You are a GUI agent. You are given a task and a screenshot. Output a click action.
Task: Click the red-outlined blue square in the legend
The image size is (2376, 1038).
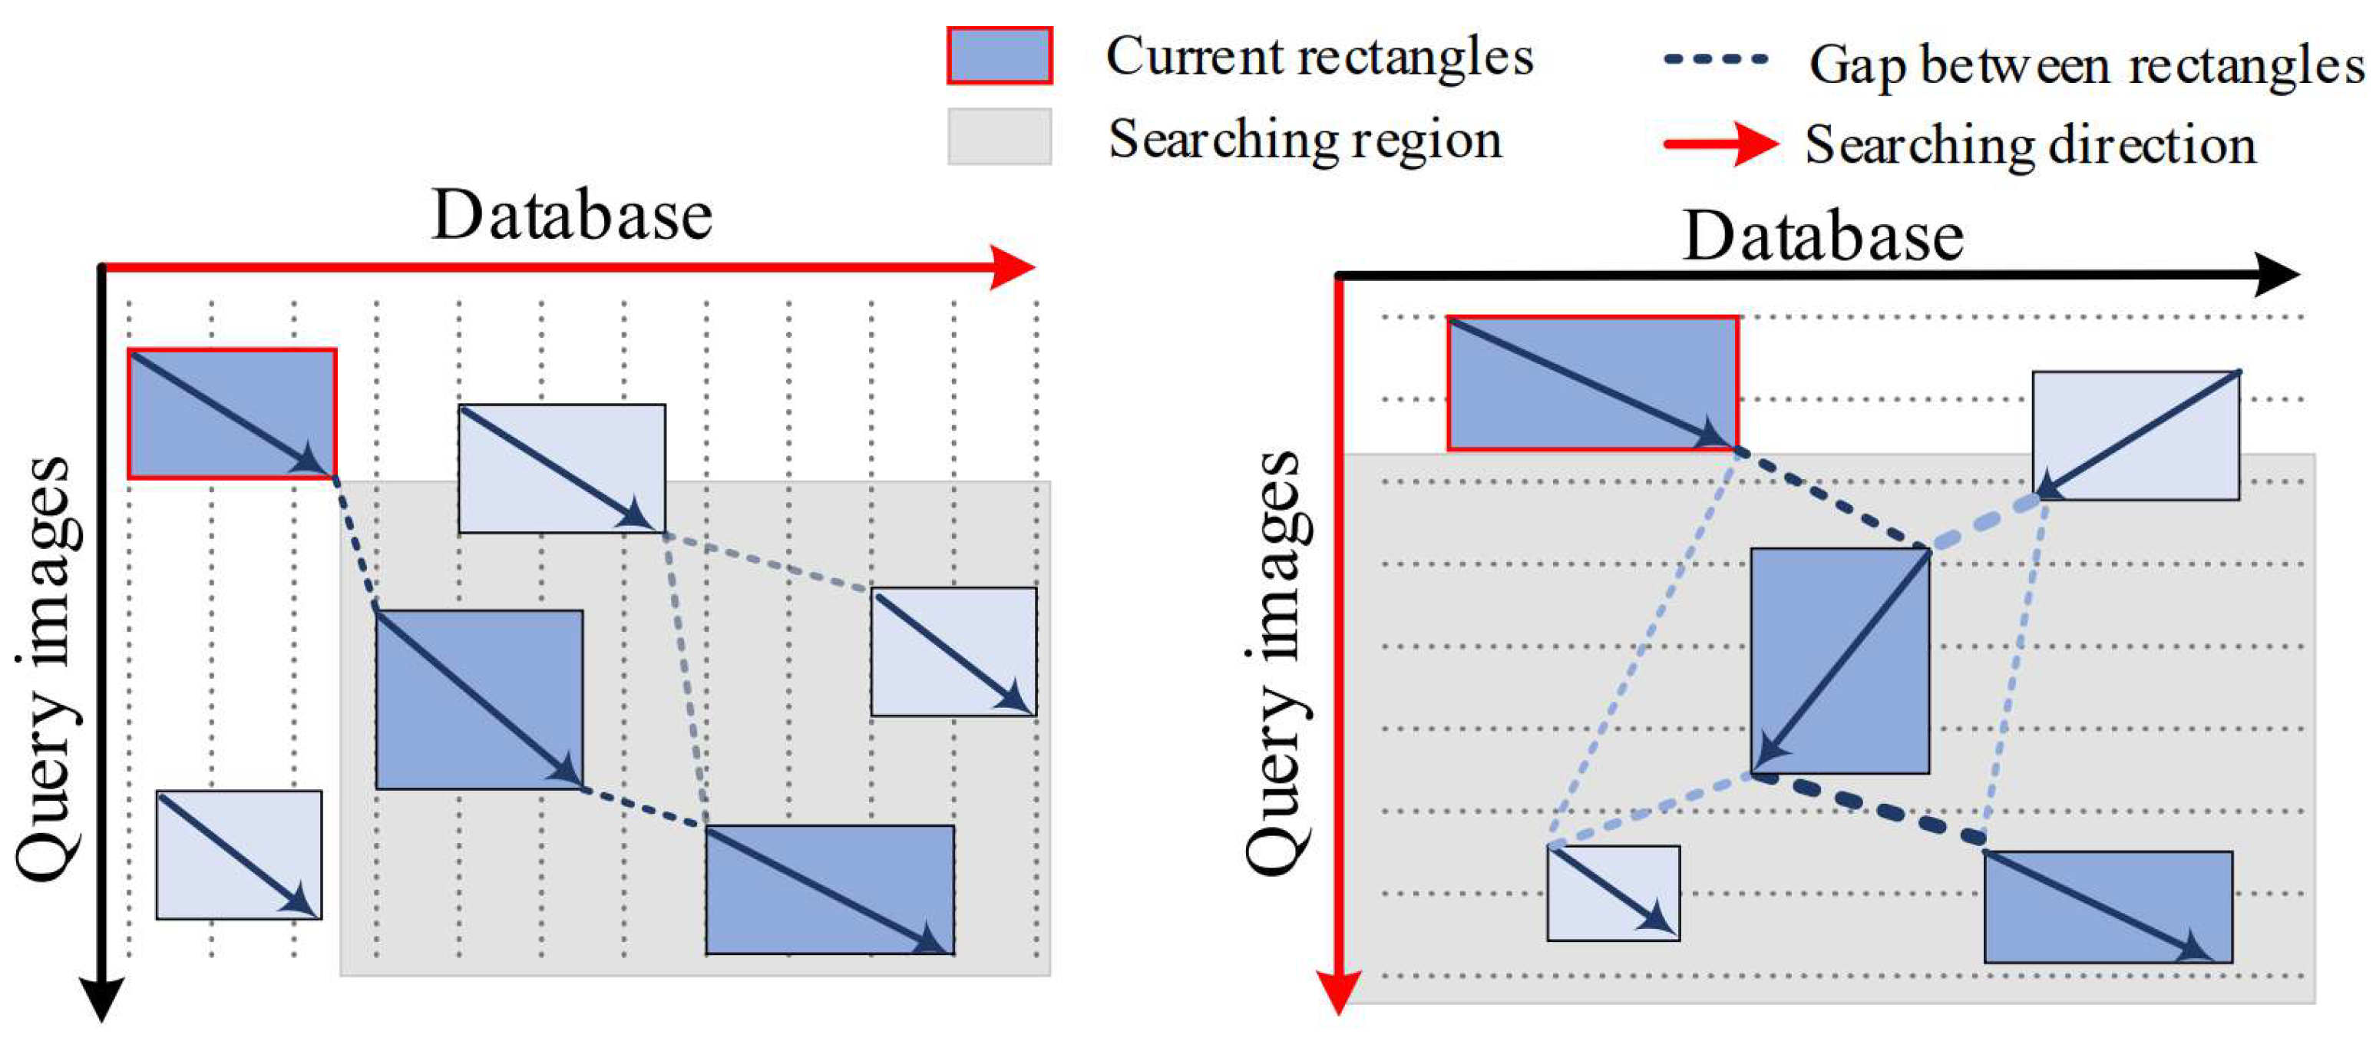coord(999,56)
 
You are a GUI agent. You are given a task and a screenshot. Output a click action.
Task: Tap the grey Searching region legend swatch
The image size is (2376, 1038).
coord(999,137)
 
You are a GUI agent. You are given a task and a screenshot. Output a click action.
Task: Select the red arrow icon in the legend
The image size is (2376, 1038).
coord(1720,144)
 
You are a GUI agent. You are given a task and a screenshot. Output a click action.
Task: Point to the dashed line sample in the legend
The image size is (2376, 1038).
coord(1716,59)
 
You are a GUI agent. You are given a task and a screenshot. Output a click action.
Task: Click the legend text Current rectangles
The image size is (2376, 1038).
coord(1319,58)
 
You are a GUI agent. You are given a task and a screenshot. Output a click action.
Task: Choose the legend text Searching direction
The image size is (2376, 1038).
coord(2030,145)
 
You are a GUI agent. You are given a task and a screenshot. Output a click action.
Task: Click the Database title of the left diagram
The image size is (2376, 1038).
coord(572,215)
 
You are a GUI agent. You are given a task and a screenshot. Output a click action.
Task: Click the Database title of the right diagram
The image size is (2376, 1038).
coord(1822,236)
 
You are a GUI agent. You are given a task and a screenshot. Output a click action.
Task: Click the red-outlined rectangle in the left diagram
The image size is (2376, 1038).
coord(232,413)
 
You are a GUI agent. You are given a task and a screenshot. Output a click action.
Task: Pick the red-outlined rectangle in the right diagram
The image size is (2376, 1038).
coord(1593,384)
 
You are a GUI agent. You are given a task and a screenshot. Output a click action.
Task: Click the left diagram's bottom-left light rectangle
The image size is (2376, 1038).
coord(239,855)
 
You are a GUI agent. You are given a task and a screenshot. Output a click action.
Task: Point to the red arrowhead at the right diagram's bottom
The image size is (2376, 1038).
coord(1337,995)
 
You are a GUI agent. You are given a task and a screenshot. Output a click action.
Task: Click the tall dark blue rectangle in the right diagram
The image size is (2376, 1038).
coord(1839,660)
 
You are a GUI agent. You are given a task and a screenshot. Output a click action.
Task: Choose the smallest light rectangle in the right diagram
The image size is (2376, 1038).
coord(1613,893)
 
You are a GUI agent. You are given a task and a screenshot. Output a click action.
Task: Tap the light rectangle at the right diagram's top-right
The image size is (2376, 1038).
coord(2135,435)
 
